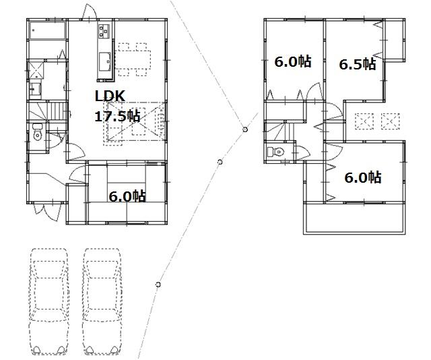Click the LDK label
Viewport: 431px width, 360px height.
click(x=109, y=96)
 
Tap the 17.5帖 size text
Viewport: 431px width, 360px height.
click(x=117, y=115)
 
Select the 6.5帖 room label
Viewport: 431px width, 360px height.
click(x=357, y=64)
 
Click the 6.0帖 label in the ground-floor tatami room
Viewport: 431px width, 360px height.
click(x=128, y=196)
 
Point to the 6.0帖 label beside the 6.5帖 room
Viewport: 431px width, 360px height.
click(x=292, y=62)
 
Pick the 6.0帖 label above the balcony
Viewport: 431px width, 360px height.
click(x=363, y=178)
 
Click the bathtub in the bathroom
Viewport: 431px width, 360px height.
click(x=47, y=31)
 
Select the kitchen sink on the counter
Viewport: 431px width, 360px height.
click(x=106, y=61)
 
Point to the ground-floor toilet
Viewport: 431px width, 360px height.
click(x=38, y=136)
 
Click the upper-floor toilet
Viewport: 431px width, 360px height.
click(x=275, y=152)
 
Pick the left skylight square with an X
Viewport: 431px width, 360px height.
click(x=364, y=121)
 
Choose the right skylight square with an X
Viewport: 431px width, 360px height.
click(x=391, y=121)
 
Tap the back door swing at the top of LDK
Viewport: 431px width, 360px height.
click(x=87, y=12)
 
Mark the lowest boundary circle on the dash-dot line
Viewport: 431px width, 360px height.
click(x=158, y=284)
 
